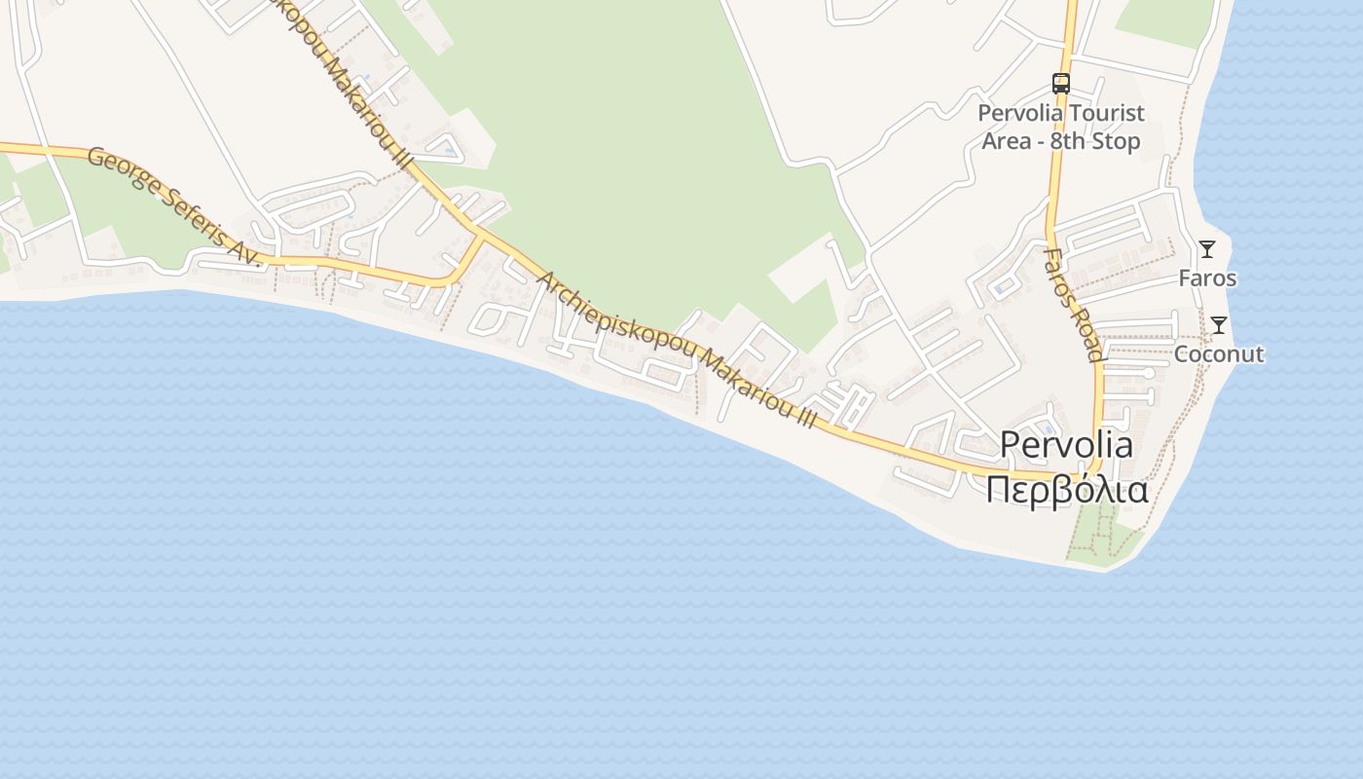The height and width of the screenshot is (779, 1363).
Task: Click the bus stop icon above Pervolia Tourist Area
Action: pos(1061,84)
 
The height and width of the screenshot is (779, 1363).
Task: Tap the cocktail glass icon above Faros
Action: pos(1207,249)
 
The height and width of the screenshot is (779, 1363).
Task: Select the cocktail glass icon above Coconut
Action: pos(1219,325)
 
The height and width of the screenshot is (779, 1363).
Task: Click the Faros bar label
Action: pos(1207,278)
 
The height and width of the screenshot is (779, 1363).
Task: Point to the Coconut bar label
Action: pos(1219,353)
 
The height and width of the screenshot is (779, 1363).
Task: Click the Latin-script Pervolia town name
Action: pos(1066,445)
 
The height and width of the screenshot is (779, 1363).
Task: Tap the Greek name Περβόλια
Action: pos(1066,489)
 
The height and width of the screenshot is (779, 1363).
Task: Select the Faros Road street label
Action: pos(1073,304)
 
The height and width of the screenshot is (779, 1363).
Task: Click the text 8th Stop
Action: pos(1094,141)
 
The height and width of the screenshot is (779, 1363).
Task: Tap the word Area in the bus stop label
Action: pos(1007,141)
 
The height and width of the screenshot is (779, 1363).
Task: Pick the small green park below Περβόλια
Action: pos(1095,538)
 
